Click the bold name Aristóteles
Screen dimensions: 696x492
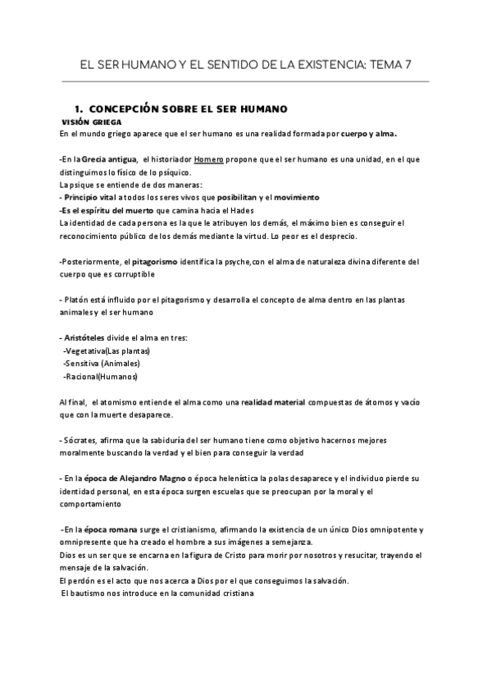(x=90, y=338)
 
